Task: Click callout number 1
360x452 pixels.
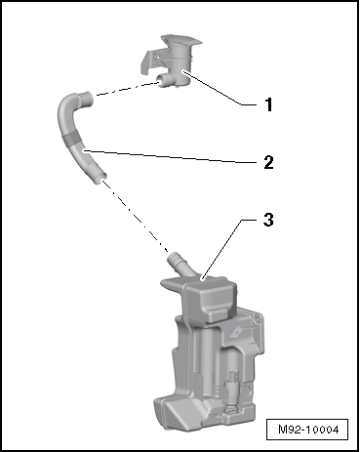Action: coord(268,104)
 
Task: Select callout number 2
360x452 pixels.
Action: coord(268,162)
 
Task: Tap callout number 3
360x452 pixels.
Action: coord(268,220)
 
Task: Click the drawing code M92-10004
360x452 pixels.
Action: coord(308,430)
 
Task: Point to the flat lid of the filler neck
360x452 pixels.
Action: coord(181,40)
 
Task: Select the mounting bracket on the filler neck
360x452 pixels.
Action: coord(150,61)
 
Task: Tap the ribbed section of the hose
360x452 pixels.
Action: coord(70,140)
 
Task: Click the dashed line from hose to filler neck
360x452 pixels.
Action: coord(128,89)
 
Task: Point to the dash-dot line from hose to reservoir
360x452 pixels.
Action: coord(135,216)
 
